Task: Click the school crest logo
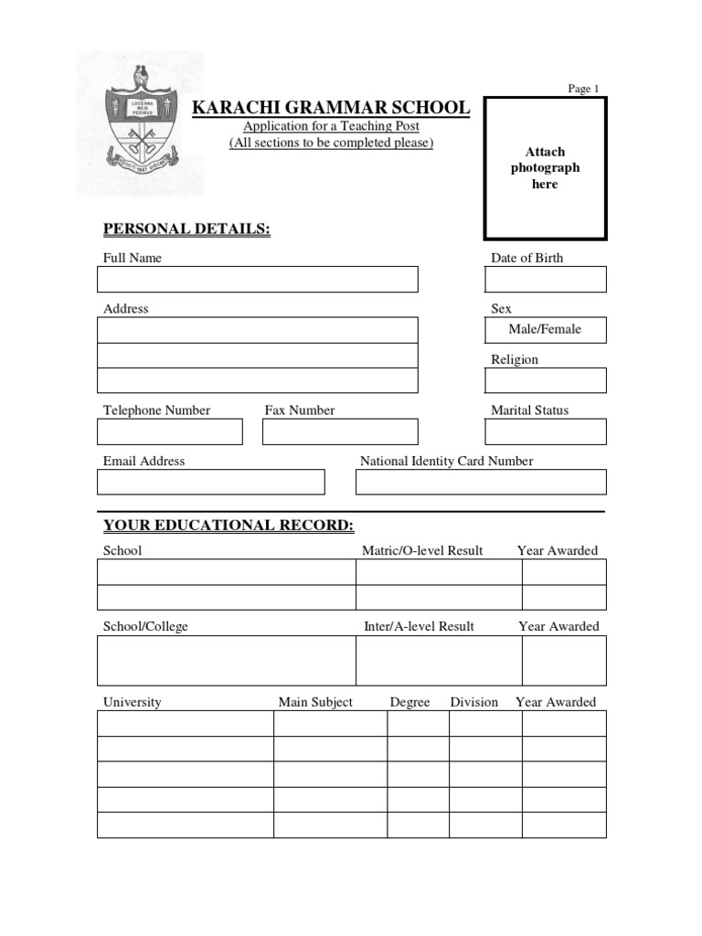coord(140,123)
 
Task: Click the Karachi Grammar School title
coord(330,108)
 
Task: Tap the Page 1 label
coord(583,89)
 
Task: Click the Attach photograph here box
coord(545,168)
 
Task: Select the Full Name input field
coord(258,280)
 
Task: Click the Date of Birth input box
coord(548,280)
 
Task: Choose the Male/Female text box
coord(545,330)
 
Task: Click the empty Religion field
coord(548,380)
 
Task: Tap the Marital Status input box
coord(548,431)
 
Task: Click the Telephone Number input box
coord(170,431)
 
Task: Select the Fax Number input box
coord(340,431)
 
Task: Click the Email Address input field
coord(211,482)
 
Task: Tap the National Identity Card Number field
coord(481,482)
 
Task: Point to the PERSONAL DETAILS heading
coord(186,229)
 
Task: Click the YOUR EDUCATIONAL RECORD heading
coord(228,525)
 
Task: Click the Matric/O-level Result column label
coord(422,550)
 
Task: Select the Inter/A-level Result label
coord(419,626)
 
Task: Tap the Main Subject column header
coord(315,702)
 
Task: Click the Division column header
coord(473,702)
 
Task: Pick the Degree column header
coord(409,702)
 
